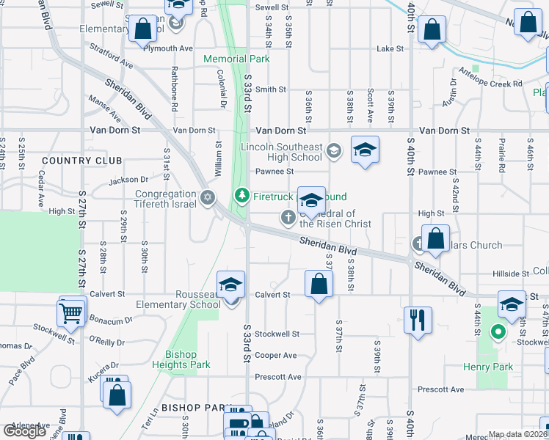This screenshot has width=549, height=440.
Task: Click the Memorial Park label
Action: point(236,59)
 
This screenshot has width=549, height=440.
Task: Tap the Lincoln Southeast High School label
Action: point(281,152)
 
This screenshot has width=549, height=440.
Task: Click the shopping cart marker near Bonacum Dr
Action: point(71,312)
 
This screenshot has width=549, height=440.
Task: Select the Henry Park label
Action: point(486,366)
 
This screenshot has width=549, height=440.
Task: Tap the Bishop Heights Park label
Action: point(182,359)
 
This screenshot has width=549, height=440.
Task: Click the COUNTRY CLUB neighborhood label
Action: point(70,160)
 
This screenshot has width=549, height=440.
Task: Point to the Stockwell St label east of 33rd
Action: point(277,334)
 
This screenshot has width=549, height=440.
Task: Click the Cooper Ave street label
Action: point(276,356)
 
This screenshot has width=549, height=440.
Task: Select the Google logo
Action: point(25,430)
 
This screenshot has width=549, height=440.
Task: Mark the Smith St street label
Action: point(270,89)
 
